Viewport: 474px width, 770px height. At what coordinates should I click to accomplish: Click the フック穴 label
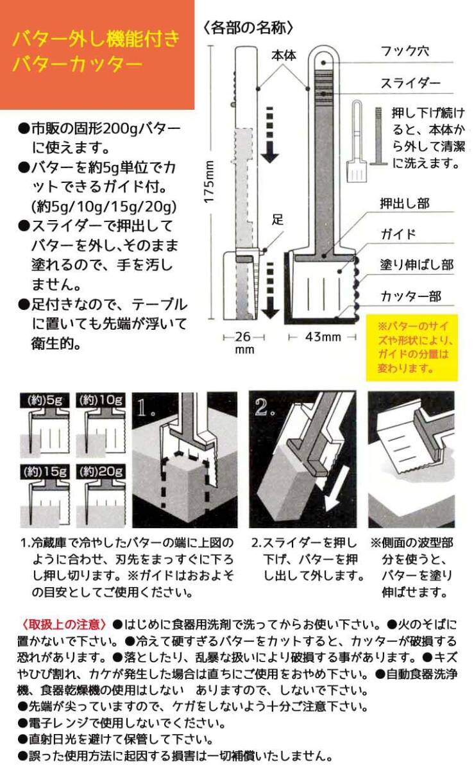[x=405, y=51]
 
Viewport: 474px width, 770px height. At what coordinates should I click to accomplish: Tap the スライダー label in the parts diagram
[x=411, y=83]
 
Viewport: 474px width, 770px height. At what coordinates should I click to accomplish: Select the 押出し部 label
[x=405, y=203]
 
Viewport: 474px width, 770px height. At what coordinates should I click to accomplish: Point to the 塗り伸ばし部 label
[x=417, y=264]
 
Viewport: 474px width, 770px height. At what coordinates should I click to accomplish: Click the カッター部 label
[x=411, y=296]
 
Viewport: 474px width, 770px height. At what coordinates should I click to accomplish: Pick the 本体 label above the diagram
[x=284, y=55]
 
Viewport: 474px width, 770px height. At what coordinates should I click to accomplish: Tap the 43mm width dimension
[x=323, y=337]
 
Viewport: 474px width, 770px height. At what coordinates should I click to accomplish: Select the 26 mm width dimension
[x=244, y=343]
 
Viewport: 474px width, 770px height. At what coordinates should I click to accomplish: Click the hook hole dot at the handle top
[x=324, y=63]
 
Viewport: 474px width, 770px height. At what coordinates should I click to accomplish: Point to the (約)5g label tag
[x=45, y=400]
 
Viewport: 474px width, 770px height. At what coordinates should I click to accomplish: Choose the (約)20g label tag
[x=101, y=472]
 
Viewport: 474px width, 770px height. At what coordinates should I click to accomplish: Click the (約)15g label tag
[x=45, y=472]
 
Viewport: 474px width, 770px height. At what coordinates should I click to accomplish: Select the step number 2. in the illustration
[x=264, y=407]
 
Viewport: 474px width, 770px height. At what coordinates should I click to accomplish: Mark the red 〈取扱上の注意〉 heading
[x=63, y=624]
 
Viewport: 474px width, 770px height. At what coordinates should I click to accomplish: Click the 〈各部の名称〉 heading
[x=248, y=28]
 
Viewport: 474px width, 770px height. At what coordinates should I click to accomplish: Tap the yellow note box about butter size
[x=412, y=348]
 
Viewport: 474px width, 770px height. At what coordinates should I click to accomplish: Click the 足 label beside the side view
[x=278, y=219]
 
